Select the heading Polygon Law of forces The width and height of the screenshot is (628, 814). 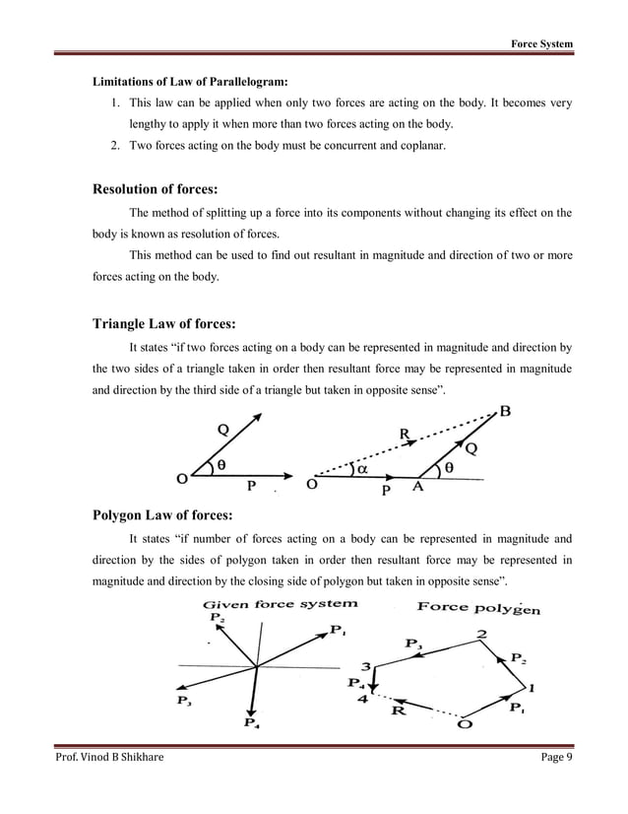point(162,514)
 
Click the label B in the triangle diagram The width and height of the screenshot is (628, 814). point(505,413)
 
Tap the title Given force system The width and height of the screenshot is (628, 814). point(280,604)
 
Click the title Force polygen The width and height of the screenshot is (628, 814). point(478,607)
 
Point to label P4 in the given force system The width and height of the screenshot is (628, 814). point(251,722)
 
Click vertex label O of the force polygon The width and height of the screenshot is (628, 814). point(464,725)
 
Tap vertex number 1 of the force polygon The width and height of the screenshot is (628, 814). point(533,686)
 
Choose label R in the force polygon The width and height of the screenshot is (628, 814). point(399,709)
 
